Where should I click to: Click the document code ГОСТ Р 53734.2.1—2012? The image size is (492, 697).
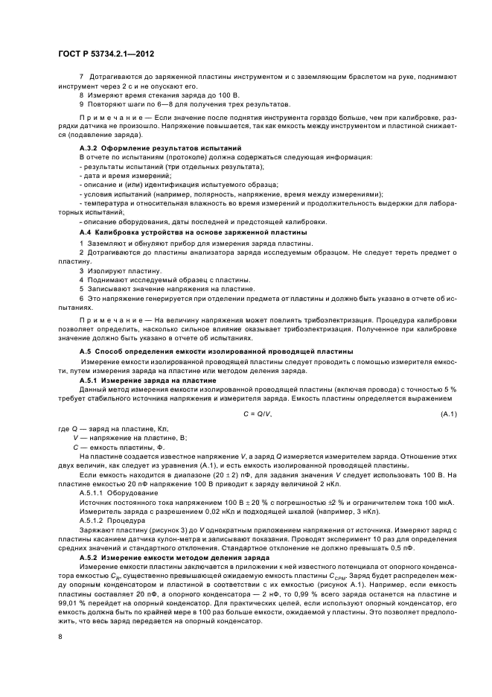coord(105,54)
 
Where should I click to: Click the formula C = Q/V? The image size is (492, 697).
coord(258,413)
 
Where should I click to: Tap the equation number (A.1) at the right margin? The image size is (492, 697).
coord(448,413)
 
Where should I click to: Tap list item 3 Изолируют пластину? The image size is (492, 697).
coord(114,271)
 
